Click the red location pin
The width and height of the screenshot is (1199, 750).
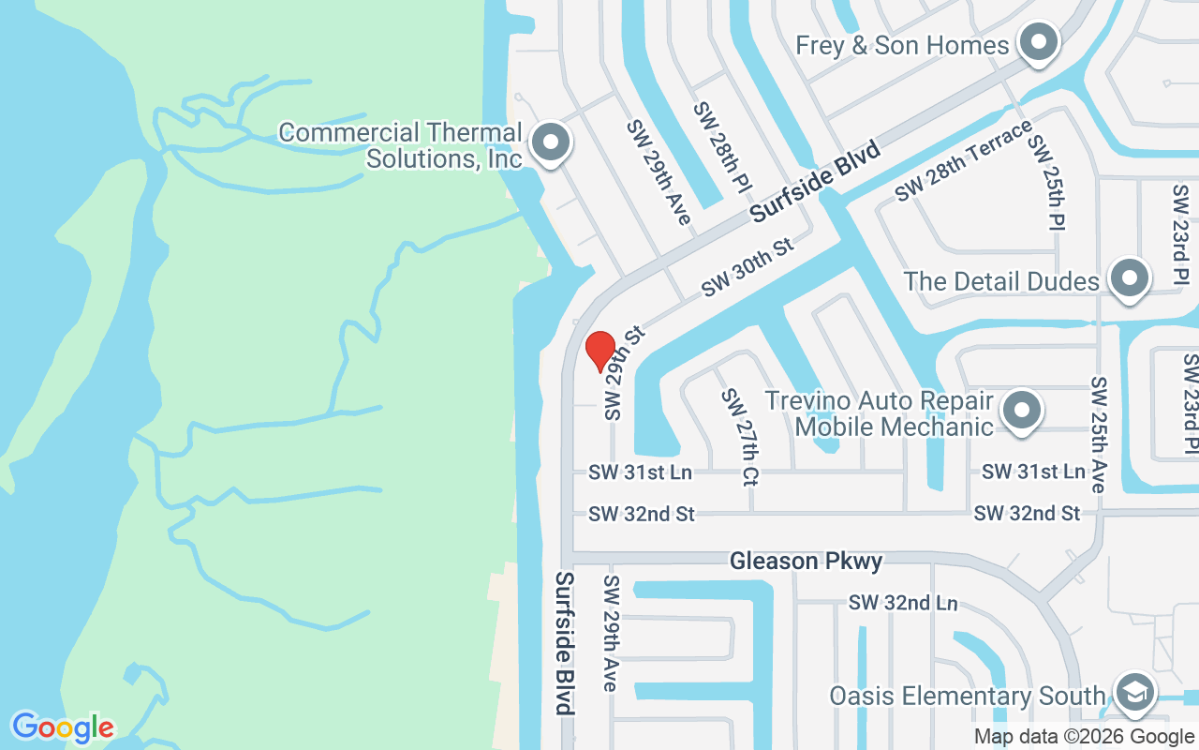(x=599, y=352)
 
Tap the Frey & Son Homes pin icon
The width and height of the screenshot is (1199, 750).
(x=1038, y=43)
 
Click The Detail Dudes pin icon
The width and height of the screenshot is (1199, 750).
(x=1129, y=279)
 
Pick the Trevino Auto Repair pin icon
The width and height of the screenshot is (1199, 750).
(x=1021, y=411)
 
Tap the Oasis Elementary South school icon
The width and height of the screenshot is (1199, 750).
(x=1134, y=693)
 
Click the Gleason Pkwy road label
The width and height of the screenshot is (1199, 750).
(x=806, y=561)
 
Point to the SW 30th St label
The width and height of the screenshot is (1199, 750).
(x=748, y=267)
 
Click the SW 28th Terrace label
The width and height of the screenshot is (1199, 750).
(x=962, y=160)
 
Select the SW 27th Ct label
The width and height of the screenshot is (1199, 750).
(x=739, y=437)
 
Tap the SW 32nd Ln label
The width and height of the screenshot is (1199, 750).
(x=903, y=602)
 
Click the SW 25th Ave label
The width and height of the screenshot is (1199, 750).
(x=1099, y=435)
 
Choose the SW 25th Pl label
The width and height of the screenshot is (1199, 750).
(x=1047, y=182)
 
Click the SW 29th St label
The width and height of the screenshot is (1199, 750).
(x=624, y=372)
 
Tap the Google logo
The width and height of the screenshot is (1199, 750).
(x=63, y=727)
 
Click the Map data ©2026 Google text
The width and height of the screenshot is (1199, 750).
(x=1084, y=737)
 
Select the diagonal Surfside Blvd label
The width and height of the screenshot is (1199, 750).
(x=816, y=182)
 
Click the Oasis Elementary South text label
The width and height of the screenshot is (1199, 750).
(x=967, y=696)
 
